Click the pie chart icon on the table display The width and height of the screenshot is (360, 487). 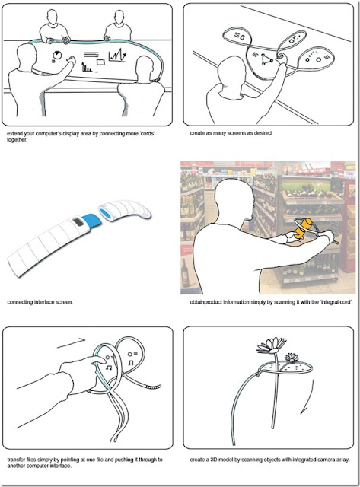57,55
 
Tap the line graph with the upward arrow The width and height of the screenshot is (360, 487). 117,56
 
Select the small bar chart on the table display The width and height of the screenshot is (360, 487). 87,68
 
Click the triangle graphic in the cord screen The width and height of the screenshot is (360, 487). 266,59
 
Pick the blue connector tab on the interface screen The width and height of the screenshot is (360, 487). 92,220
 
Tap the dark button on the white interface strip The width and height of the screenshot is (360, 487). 78,222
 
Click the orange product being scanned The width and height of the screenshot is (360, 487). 303,228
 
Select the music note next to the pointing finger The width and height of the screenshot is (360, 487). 108,368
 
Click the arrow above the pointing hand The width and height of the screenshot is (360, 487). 71,343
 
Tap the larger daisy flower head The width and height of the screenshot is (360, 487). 272,345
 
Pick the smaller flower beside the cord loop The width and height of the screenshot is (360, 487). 292,358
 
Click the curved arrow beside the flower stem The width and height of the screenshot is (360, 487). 307,398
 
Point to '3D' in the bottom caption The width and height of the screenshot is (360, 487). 214,460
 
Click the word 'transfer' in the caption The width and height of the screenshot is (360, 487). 16,460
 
